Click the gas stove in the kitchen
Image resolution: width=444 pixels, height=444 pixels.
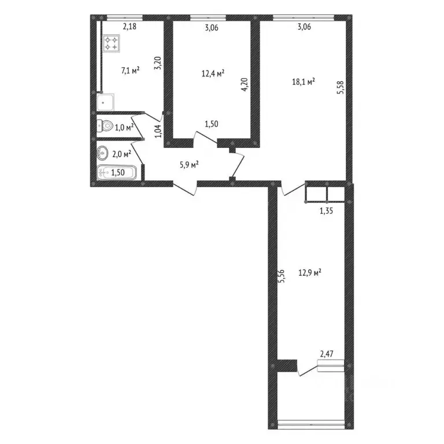click(112, 42)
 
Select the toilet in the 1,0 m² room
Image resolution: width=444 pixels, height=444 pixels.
click(105, 125)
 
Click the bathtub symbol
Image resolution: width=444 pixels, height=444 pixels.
click(116, 172)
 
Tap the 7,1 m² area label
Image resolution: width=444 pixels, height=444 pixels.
click(129, 71)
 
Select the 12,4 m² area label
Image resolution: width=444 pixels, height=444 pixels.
click(212, 73)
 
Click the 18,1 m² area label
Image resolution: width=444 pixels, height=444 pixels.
click(303, 82)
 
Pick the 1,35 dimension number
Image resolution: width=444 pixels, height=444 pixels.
click(328, 212)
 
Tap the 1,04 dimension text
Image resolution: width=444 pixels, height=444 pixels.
click(157, 127)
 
